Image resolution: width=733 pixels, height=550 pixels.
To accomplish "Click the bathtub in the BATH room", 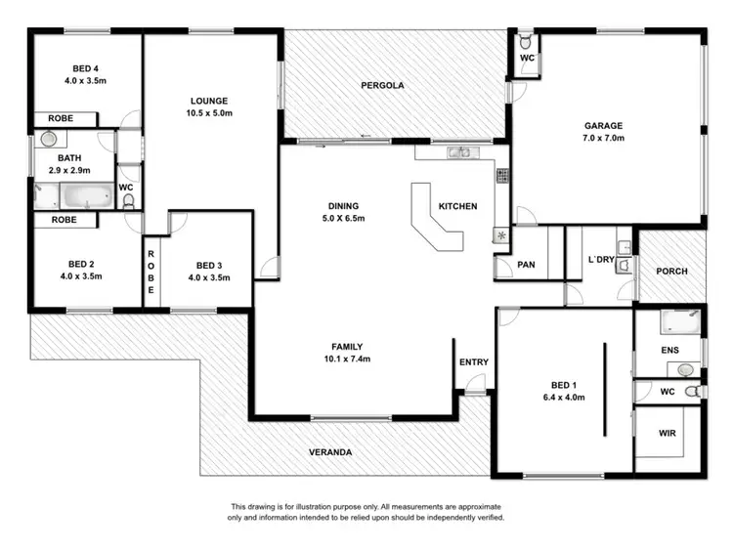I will (x=86, y=197).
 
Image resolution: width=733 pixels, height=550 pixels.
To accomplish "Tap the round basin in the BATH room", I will (x=47, y=140).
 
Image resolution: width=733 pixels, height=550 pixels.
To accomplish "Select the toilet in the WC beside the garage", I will (x=525, y=43).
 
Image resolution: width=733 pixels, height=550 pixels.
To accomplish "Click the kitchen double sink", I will (x=458, y=152).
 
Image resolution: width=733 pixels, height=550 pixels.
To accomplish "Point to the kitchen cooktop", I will (x=502, y=176).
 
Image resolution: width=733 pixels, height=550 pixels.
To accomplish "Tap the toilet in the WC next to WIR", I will (x=692, y=391).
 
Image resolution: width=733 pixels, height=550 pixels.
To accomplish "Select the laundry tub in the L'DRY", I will (x=624, y=264).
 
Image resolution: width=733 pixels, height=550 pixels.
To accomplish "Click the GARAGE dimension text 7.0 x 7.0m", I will (x=603, y=139).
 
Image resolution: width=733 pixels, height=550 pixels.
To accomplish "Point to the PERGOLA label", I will (x=381, y=86).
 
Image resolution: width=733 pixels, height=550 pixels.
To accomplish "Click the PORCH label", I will (x=670, y=272).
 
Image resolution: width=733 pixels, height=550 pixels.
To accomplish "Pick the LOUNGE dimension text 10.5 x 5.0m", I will (x=209, y=113).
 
